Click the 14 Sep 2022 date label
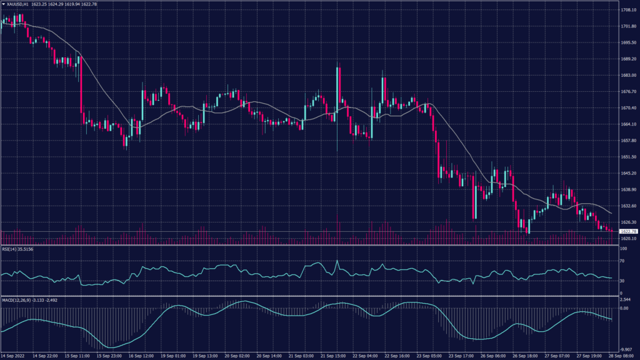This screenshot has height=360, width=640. point(15,356)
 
